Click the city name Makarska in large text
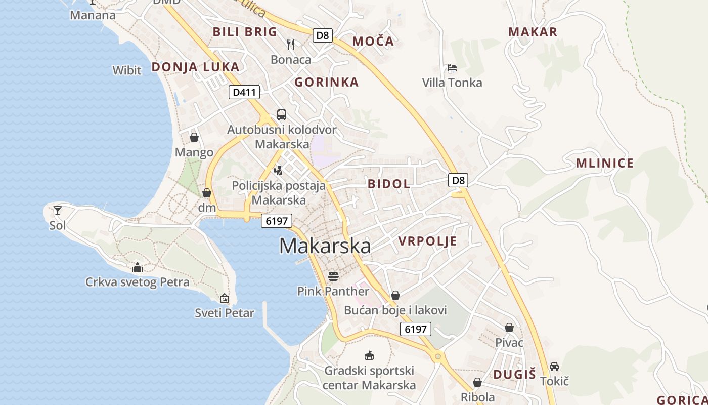tap(325, 246)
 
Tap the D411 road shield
tap(244, 92)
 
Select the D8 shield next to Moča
tap(322, 35)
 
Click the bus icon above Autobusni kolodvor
tap(281, 114)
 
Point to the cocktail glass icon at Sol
tap(58, 210)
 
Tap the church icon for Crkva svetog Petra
tap(137, 267)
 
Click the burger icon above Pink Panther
tap(333, 276)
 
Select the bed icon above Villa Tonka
tap(452, 68)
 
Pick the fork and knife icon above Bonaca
tap(291, 45)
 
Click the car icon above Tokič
tap(554, 366)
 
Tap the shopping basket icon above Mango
tap(194, 137)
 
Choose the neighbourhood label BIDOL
tap(389, 184)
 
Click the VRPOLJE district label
tap(427, 241)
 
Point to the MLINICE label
tap(604, 163)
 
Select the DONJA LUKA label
tap(195, 67)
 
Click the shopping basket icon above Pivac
tap(509, 328)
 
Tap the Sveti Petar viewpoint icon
tap(225, 298)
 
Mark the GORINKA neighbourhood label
tap(326, 82)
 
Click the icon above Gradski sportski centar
tap(369, 355)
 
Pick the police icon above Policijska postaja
tap(278, 170)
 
